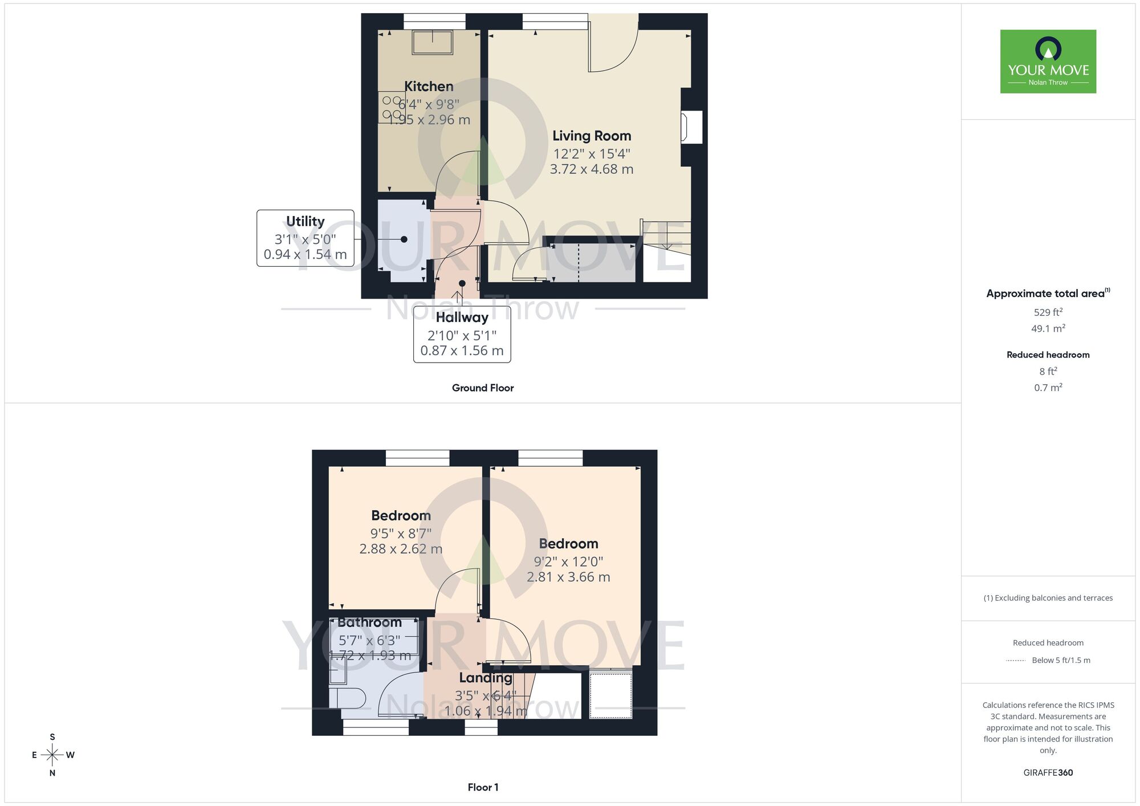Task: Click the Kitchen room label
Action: click(429, 87)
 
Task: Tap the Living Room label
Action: click(592, 136)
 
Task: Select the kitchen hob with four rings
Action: click(392, 107)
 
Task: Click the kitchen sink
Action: click(433, 42)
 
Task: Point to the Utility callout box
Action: click(306, 238)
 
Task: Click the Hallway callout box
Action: click(462, 333)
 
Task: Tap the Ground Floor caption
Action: click(483, 388)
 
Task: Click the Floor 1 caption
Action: click(483, 787)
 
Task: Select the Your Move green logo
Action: click(1048, 62)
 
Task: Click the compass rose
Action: click(52, 755)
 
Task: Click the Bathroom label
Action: click(369, 622)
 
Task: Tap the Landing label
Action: click(486, 678)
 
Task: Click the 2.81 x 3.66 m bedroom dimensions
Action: click(568, 577)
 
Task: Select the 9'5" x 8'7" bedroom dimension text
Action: click(401, 534)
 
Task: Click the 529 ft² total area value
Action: click(1048, 312)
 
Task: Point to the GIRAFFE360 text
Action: click(1048, 773)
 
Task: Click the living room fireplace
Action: click(691, 127)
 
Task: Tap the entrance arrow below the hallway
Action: click(457, 296)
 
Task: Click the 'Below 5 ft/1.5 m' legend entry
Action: click(1060, 661)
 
